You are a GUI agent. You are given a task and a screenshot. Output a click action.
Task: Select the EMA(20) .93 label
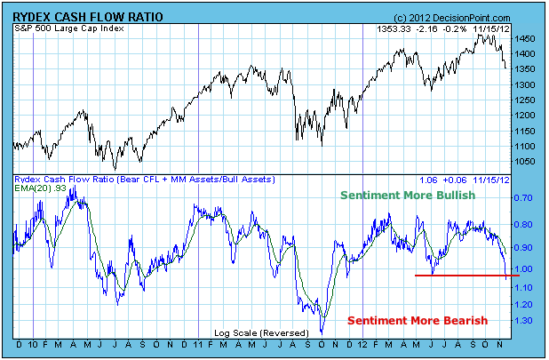pos(39,189)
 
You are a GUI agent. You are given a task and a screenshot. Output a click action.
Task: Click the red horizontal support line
pos(462,276)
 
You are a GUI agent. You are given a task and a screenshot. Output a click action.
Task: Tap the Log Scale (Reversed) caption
pos(252,332)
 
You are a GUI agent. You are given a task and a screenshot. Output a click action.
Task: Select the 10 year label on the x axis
pos(33,344)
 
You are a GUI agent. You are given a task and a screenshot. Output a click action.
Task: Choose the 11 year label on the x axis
pos(198,344)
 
